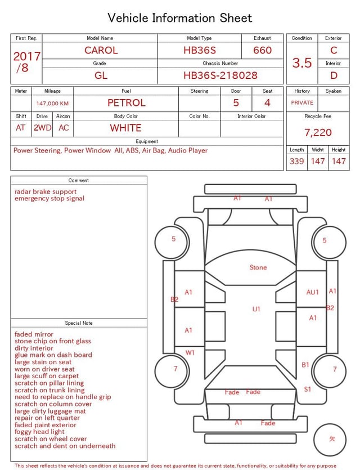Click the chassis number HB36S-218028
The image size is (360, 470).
[220, 75]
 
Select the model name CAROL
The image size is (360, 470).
[101, 50]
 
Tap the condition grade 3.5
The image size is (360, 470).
[302, 62]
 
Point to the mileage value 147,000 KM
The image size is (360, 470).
[52, 104]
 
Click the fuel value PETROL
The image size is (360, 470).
[127, 103]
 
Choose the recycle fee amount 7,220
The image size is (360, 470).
[318, 132]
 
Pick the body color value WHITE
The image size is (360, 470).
[125, 128]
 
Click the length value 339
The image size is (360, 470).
[296, 161]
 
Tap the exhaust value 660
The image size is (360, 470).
[262, 50]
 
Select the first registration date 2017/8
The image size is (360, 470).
[26, 62]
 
